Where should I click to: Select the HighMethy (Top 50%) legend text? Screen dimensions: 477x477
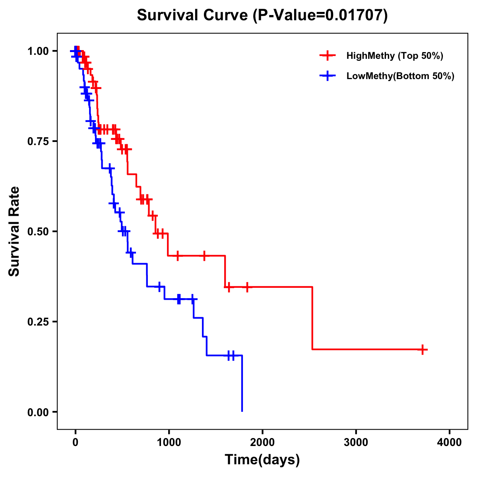coord(395,56)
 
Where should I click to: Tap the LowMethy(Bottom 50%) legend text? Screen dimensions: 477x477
coord(400,76)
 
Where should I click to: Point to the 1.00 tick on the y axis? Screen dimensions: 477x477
coord(38,51)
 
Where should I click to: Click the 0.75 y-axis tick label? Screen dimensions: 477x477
coord(38,142)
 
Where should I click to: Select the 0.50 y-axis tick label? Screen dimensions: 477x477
coord(38,232)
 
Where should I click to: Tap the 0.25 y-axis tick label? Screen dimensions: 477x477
coord(38,322)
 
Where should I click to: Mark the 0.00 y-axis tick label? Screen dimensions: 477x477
coord(38,412)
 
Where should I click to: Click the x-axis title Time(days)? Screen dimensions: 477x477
coord(262,460)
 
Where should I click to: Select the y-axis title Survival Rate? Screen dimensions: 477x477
coord(14,231)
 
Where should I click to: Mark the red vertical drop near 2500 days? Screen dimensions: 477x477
coord(312,318)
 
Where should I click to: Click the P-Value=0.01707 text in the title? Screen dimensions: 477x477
coord(320,16)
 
